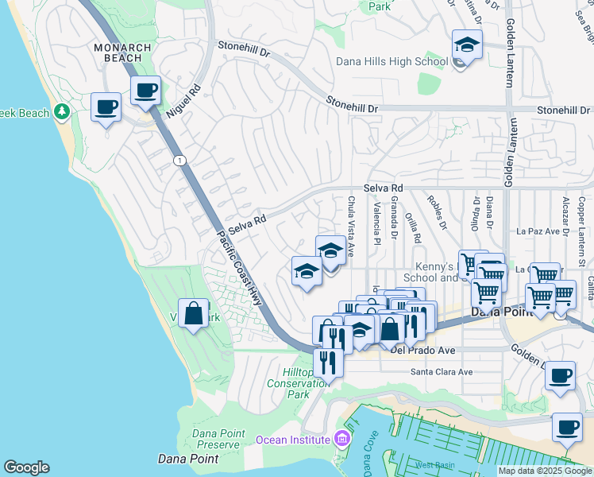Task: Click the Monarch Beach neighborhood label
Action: [x=122, y=53]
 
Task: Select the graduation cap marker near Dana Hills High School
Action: [x=467, y=46]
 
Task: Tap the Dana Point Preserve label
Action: [x=205, y=439]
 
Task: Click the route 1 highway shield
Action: [x=179, y=161]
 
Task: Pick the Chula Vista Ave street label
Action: [x=350, y=227]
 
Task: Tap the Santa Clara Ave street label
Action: [x=441, y=371]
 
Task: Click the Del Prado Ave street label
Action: [x=422, y=349]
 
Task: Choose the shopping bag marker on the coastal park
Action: [x=193, y=313]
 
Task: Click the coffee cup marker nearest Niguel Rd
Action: [x=145, y=91]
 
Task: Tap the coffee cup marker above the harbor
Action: [x=561, y=376]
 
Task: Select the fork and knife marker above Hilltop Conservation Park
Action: [x=328, y=363]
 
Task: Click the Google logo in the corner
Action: [x=26, y=467]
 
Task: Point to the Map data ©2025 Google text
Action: [x=545, y=471]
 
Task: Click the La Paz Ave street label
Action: [x=533, y=231]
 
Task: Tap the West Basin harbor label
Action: [x=433, y=464]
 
